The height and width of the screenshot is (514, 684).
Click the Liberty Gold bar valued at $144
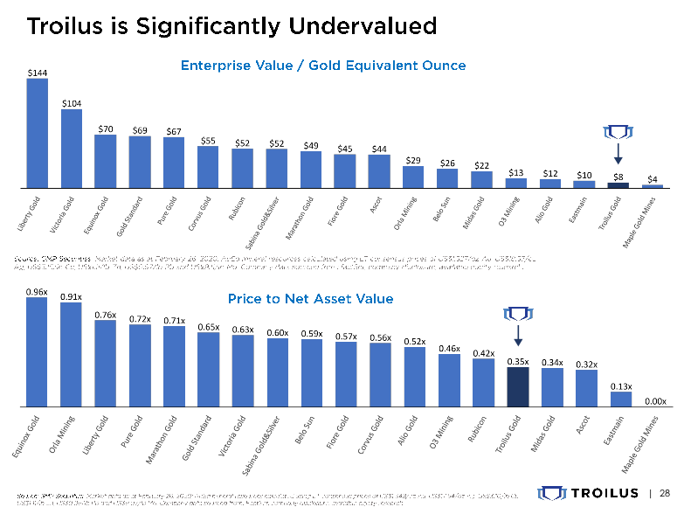pyautogui.click(x=38, y=133)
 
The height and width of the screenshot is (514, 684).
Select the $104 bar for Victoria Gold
pyautogui.click(x=72, y=149)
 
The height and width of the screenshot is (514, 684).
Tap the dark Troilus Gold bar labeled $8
pyautogui.click(x=618, y=184)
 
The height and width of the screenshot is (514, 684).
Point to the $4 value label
pyautogui.click(x=653, y=178)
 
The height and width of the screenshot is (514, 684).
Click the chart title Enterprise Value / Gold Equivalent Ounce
pyautogui.click(x=323, y=66)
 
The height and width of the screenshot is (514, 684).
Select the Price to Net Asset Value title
pyautogui.click(x=310, y=299)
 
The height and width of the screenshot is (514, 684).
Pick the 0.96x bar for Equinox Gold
pyautogui.click(x=38, y=351)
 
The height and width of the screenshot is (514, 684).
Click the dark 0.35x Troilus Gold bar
pyautogui.click(x=518, y=386)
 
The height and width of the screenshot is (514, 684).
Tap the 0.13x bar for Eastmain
pyautogui.click(x=620, y=399)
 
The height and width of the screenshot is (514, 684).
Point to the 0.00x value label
pyautogui.click(x=655, y=401)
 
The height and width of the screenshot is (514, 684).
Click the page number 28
pyautogui.click(x=664, y=492)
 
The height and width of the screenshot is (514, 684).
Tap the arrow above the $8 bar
pyautogui.click(x=618, y=154)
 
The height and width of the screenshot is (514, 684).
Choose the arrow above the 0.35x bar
pyautogui.click(x=518, y=336)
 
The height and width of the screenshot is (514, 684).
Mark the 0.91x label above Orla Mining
pyautogui.click(x=72, y=296)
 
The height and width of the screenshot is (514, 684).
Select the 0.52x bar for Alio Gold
pyautogui.click(x=415, y=377)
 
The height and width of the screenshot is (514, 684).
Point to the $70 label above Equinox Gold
pyautogui.click(x=106, y=128)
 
